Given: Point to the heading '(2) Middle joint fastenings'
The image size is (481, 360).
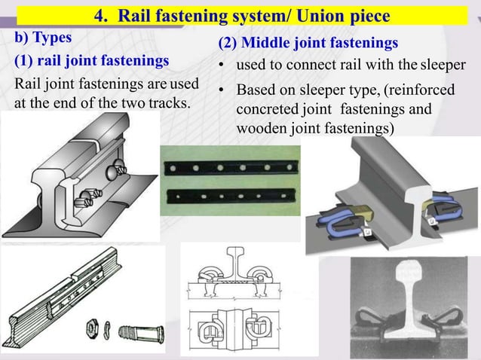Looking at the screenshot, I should [x=308, y=44].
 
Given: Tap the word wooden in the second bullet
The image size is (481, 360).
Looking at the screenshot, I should [x=259, y=128].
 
